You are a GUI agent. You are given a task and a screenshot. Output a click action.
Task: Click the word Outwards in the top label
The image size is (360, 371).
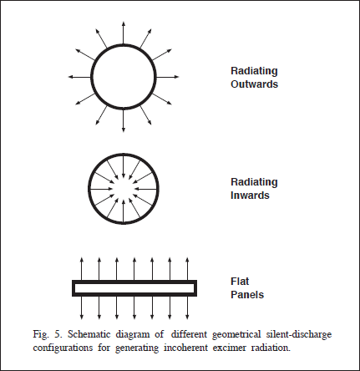point(254,84)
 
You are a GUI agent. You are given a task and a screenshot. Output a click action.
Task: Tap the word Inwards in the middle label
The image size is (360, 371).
point(250,196)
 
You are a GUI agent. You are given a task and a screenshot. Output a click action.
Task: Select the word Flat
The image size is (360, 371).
point(240,282)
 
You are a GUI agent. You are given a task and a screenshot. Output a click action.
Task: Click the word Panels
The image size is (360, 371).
point(247,295)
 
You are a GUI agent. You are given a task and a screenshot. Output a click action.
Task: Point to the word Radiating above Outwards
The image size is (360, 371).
point(254,71)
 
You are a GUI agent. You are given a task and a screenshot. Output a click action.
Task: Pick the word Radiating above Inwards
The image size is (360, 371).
point(254,182)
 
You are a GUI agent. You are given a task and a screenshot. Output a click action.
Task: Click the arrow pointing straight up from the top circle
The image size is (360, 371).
point(124,33)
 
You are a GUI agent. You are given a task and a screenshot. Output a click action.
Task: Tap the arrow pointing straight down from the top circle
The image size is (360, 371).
point(124,120)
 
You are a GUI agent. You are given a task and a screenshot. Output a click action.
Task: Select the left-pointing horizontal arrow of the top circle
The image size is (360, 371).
point(80,77)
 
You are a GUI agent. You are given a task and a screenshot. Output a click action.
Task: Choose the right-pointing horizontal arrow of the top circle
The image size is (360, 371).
point(167,77)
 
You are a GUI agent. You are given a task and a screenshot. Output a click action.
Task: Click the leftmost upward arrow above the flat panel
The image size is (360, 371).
point(82,269)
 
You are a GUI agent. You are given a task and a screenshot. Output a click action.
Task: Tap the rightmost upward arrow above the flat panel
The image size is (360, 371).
point(187,269)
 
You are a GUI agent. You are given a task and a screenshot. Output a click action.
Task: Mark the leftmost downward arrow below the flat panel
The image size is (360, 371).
point(82,307)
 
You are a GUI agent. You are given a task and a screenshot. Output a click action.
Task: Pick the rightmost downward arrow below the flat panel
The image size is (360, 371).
point(187,307)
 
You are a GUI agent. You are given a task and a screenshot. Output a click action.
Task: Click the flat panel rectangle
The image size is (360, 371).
point(134,282)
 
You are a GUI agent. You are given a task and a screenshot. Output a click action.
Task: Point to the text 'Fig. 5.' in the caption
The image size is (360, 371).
point(47,334)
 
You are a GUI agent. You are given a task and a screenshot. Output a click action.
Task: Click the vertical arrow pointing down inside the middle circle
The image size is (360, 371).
point(124,167)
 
